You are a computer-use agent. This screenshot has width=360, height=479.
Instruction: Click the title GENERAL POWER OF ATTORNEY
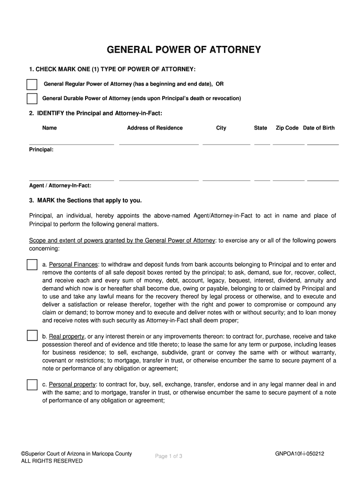click(184, 50)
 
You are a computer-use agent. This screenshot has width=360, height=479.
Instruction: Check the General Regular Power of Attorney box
click(32, 85)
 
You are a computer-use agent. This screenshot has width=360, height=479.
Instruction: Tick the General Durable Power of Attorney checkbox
click(32, 99)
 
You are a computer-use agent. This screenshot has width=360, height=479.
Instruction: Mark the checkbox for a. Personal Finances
click(32, 265)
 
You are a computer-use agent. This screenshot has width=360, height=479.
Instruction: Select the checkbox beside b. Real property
click(32, 336)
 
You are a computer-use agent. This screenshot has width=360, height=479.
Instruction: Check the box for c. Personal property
click(32, 385)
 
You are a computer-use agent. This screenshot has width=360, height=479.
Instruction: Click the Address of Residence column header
click(155, 128)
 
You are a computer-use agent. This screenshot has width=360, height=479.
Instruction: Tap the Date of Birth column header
click(319, 128)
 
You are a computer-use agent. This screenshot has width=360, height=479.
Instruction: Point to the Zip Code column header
click(287, 128)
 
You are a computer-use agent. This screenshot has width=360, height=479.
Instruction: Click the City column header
click(221, 128)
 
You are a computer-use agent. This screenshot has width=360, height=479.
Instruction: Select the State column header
click(260, 128)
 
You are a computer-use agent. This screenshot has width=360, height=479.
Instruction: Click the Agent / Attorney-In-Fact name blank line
click(72, 180)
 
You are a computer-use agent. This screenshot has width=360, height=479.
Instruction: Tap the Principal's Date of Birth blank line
click(323, 144)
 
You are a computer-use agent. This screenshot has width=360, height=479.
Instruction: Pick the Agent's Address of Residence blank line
click(159, 180)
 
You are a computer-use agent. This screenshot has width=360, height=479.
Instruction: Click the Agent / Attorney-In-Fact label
click(60, 186)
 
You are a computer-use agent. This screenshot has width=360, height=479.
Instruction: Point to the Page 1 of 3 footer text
click(168, 457)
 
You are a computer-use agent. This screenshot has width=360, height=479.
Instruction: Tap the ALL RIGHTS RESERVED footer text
click(52, 461)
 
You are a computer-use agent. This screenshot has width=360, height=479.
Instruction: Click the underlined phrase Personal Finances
click(73, 265)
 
